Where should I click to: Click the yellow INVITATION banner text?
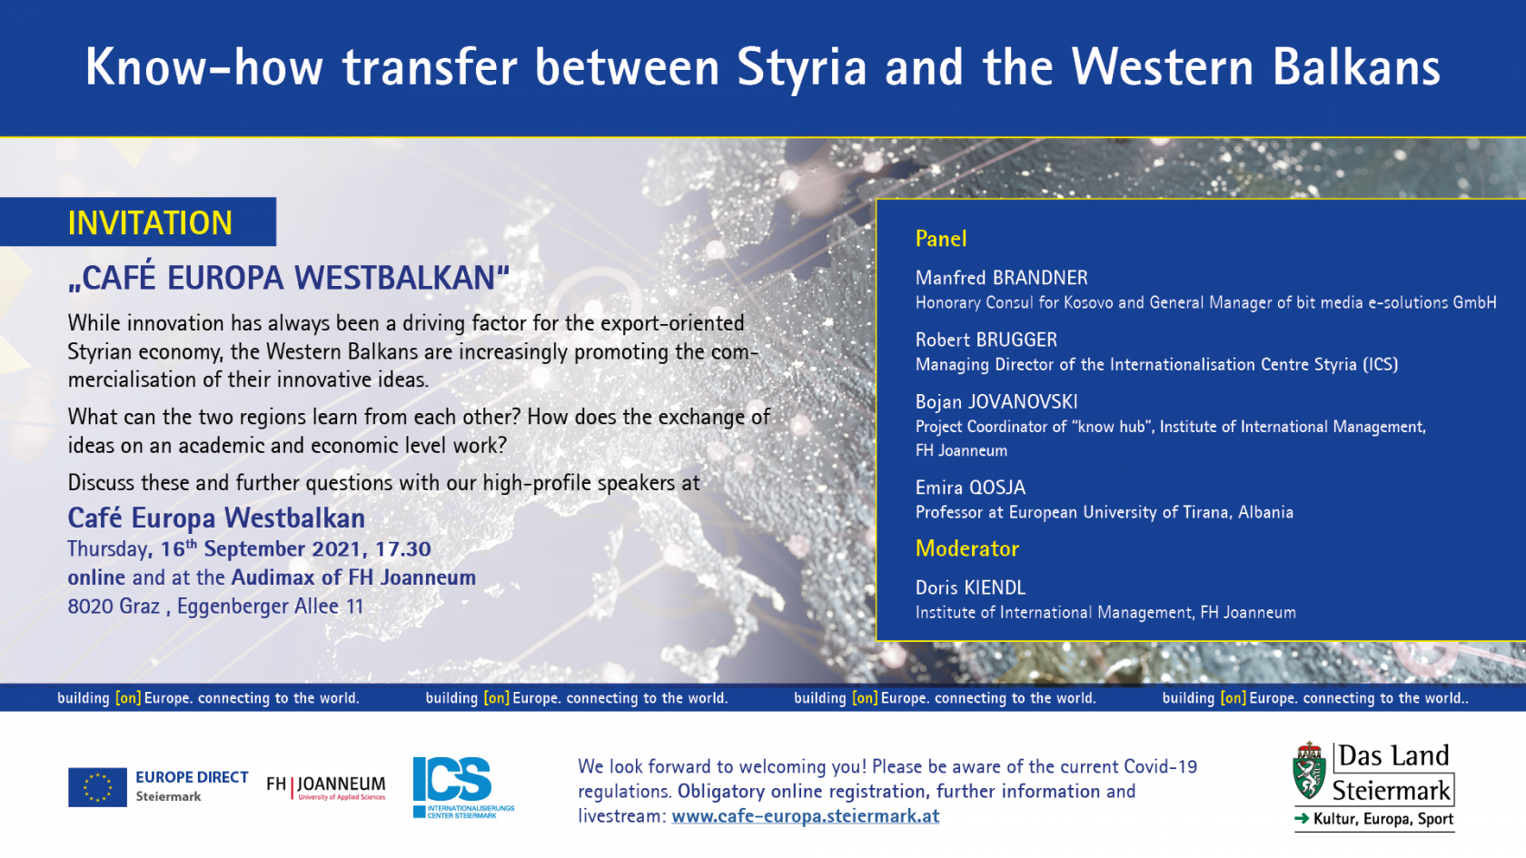click(x=150, y=222)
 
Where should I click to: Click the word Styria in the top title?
click(x=802, y=68)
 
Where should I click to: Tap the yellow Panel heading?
click(x=941, y=238)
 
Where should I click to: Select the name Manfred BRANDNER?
click(x=1001, y=278)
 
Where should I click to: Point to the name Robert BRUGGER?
click(x=986, y=340)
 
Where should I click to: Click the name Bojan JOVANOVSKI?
click(x=996, y=401)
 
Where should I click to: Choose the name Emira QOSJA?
click(x=970, y=488)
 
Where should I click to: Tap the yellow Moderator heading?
click(x=966, y=548)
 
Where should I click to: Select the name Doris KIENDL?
click(x=970, y=587)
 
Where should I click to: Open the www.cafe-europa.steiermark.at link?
click(x=805, y=815)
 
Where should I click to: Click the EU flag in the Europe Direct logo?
click(x=97, y=787)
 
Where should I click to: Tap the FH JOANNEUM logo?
click(x=325, y=787)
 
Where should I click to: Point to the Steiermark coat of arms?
click(x=1309, y=771)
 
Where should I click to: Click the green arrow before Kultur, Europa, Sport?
click(x=1301, y=819)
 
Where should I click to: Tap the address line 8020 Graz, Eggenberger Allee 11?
click(x=215, y=607)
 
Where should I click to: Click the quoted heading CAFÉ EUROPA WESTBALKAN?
click(x=289, y=278)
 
